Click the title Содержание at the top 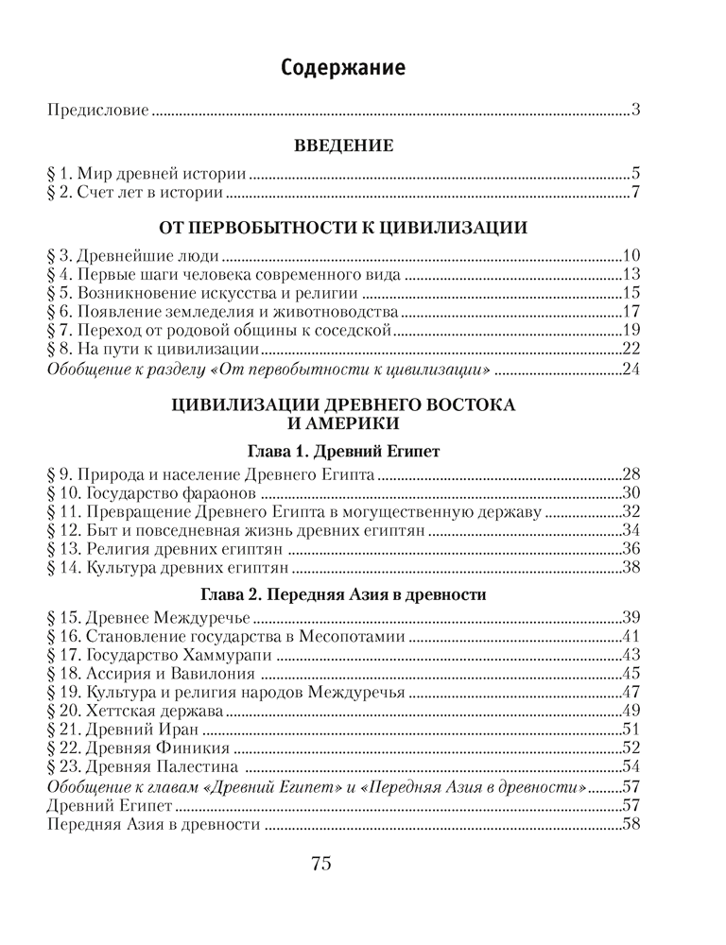(343, 68)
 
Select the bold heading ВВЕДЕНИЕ (343, 146)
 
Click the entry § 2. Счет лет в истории (134, 195)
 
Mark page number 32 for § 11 (632, 511)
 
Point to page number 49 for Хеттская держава (632, 710)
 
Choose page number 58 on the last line (632, 823)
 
